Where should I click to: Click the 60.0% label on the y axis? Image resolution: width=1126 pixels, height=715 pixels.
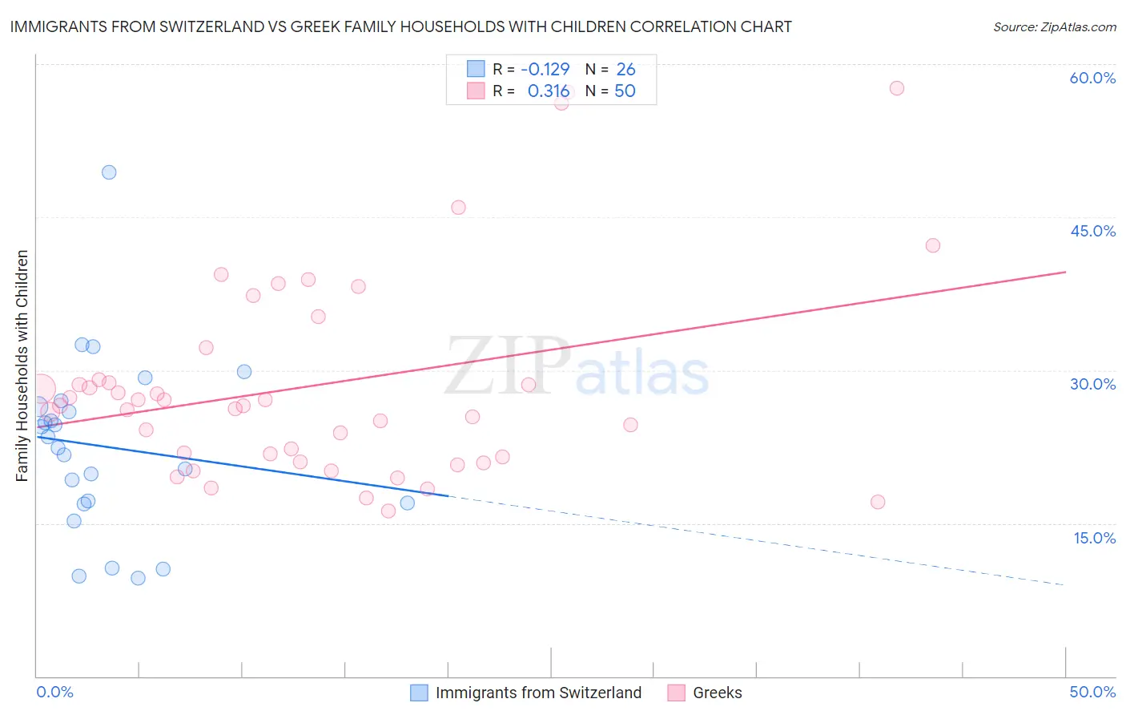1092,78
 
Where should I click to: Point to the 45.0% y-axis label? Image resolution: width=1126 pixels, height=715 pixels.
1092,231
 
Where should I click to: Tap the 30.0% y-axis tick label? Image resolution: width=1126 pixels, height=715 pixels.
1092,384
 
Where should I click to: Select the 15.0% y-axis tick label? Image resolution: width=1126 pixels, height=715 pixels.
1094,538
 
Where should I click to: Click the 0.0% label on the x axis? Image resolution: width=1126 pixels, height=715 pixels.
54,692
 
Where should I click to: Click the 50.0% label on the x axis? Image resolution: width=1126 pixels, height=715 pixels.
1092,692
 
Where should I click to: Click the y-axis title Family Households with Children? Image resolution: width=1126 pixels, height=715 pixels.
22,366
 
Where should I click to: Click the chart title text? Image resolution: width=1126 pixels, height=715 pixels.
400,26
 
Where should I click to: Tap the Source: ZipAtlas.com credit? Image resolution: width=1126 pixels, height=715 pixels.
1054,26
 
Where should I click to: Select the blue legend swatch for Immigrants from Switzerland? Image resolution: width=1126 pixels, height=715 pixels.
419,693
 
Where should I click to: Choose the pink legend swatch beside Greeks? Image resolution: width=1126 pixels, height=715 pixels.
677,693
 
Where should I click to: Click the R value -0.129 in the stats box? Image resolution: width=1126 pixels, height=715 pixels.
545,69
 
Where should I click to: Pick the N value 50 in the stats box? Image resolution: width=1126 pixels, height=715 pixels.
625,91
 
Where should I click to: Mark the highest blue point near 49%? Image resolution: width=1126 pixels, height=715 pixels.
109,172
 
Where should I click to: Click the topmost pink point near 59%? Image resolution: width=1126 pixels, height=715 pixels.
897,88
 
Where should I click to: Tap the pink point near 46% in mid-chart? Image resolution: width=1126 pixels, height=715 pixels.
458,208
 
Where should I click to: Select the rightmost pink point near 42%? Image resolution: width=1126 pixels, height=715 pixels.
932,245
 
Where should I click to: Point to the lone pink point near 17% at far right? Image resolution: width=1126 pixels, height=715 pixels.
878,502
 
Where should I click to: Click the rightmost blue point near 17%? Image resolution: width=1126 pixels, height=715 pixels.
408,503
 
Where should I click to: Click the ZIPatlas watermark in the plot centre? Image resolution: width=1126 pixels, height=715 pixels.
577,367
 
